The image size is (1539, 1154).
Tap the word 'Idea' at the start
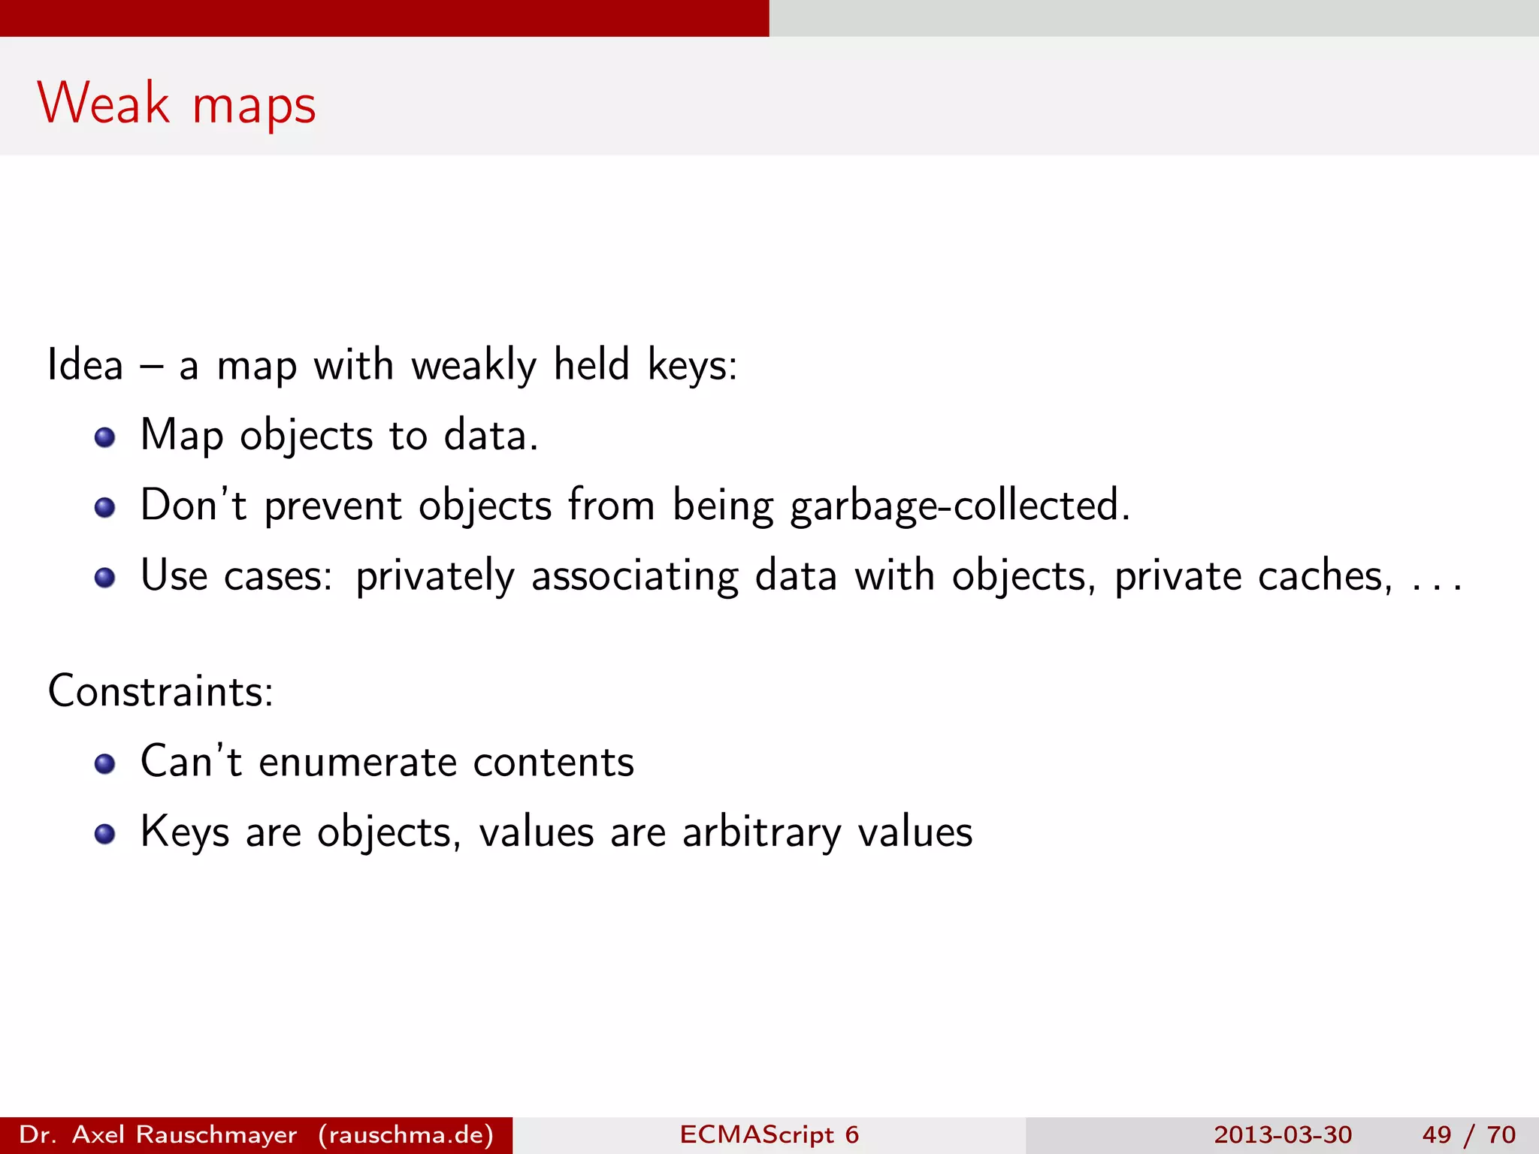(x=85, y=365)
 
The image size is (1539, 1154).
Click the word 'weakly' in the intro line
(x=473, y=367)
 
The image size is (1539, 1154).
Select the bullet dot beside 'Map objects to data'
(x=104, y=437)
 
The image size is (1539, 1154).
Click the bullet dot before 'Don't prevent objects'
(x=104, y=508)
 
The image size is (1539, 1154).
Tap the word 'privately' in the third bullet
(x=435, y=577)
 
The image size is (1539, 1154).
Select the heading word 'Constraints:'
(x=161, y=691)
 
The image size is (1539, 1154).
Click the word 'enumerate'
(x=358, y=763)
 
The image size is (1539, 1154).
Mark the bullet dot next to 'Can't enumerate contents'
(x=104, y=764)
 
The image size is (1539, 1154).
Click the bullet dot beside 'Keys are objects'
(x=104, y=834)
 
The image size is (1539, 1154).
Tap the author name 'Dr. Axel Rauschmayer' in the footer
(x=158, y=1134)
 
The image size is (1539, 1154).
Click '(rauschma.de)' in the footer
(x=406, y=1134)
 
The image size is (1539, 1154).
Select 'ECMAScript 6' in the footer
(x=769, y=1134)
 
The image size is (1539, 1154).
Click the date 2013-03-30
(x=1282, y=1134)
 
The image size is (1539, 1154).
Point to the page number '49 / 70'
(x=1468, y=1134)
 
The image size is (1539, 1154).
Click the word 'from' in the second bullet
(x=611, y=505)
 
